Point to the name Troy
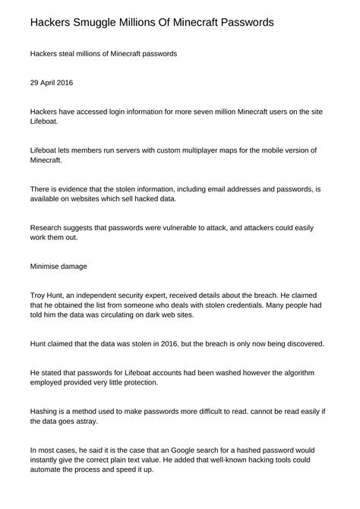click(x=39, y=294)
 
